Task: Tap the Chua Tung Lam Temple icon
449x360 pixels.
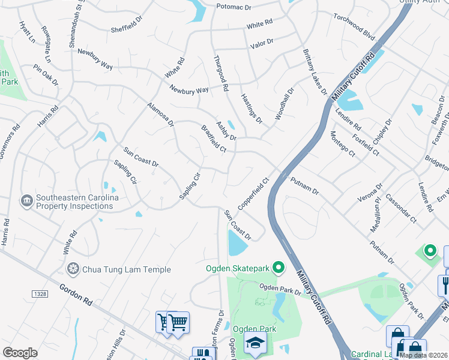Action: click(73, 269)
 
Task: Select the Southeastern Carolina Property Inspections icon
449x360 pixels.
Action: click(26, 200)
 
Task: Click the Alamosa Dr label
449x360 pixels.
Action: click(160, 115)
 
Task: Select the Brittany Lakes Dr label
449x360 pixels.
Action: click(315, 73)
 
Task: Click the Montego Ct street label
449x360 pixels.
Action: click(343, 144)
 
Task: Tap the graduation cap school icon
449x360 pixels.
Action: click(255, 343)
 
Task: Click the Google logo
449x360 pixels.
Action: click(20, 353)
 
